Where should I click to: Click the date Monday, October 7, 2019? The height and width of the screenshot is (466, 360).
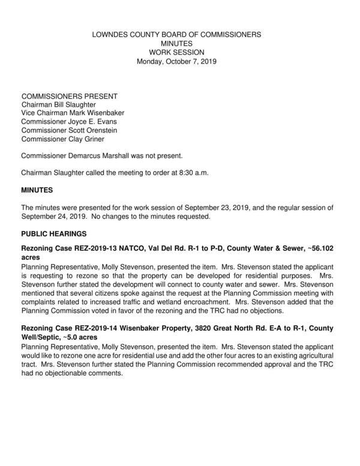coord(176,61)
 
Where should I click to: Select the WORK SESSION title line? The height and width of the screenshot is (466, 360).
coord(176,53)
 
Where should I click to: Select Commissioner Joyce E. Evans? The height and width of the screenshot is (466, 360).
coord(66,122)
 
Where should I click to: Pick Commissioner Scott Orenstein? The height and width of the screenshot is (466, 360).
coord(68,130)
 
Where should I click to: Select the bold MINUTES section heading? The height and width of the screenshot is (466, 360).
coord(37,190)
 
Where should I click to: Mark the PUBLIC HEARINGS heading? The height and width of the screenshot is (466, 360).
coord(54,233)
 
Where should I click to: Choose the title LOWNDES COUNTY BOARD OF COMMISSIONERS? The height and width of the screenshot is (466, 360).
coord(176,35)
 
